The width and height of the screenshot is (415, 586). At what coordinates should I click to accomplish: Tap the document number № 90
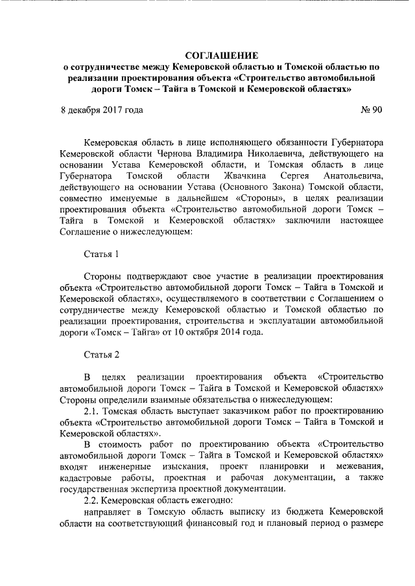click(371, 109)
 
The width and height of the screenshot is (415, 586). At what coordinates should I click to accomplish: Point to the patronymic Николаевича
click(288, 153)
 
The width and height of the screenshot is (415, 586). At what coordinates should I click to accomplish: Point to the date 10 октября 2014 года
click(218, 332)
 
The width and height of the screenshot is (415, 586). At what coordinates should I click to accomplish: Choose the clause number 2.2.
click(94, 500)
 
